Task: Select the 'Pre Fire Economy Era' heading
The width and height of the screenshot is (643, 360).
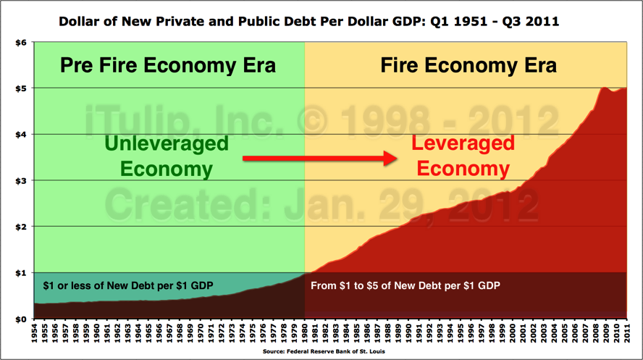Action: tap(168, 66)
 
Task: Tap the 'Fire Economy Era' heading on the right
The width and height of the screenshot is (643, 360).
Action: tap(468, 66)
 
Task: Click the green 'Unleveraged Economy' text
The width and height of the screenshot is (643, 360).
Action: tap(166, 156)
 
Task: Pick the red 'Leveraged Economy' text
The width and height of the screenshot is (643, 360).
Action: tap(463, 156)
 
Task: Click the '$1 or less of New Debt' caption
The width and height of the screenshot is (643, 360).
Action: tap(128, 285)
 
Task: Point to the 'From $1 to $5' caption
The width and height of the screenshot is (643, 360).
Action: tap(405, 285)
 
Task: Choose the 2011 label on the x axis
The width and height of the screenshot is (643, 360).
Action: tap(627, 334)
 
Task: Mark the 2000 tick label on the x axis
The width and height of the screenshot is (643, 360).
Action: tap(513, 334)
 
